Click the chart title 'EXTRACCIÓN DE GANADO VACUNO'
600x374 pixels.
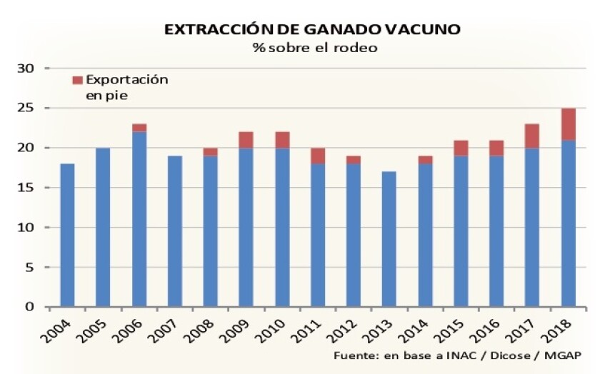coord(312,30)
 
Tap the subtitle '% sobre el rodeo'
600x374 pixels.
coord(313,49)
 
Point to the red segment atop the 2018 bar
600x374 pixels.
coord(569,124)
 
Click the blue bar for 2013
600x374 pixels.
coord(389,239)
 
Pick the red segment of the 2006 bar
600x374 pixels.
coord(139,128)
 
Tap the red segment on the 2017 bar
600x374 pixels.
coord(533,136)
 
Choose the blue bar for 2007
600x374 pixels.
coord(175,232)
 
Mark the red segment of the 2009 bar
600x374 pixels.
coord(246,140)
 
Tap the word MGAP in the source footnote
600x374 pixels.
coord(564,355)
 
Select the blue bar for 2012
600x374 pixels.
coord(354,236)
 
